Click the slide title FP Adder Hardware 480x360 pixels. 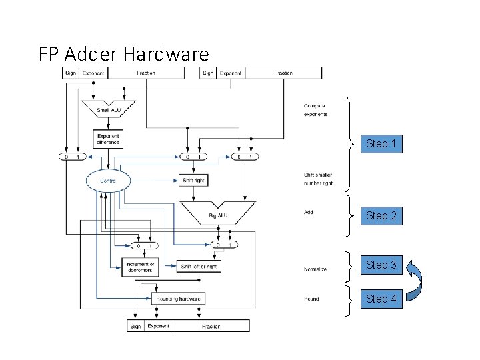coord(123,53)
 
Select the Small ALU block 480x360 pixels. coord(108,108)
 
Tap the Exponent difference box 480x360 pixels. coord(108,139)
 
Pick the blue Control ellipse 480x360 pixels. coord(107,181)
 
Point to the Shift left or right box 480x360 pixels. coord(199,266)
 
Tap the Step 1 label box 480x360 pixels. coord(381,143)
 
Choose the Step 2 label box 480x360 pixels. coord(381,215)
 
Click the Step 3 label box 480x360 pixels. coord(381,265)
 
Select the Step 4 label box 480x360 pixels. coord(381,299)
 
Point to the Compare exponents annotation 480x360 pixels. coord(315,109)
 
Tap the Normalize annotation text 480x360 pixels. coord(315,269)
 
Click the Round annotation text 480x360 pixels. coord(311,299)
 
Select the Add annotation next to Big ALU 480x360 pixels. coord(308,212)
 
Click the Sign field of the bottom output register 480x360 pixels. coord(136,326)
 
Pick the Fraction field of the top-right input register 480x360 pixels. coord(283,73)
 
